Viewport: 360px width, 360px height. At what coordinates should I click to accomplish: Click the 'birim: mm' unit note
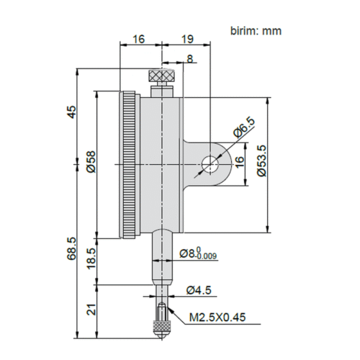pyautogui.click(x=256, y=31)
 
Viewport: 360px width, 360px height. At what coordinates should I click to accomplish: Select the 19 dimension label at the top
pyautogui.click(x=187, y=39)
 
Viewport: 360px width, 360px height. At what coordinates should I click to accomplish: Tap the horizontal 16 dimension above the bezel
pyautogui.click(x=139, y=39)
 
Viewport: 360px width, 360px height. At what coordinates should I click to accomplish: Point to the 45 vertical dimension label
pyautogui.click(x=71, y=112)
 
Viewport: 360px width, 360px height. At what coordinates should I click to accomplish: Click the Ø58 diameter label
pyautogui.click(x=91, y=162)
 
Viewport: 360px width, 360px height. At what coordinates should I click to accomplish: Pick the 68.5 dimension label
pyautogui.click(x=71, y=248)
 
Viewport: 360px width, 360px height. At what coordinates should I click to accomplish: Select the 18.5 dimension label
pyautogui.click(x=91, y=258)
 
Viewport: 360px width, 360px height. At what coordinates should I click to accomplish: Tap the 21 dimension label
pyautogui.click(x=91, y=310)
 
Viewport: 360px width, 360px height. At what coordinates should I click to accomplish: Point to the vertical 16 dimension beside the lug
pyautogui.click(x=239, y=162)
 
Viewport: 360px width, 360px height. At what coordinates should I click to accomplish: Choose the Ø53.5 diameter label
pyautogui.click(x=261, y=161)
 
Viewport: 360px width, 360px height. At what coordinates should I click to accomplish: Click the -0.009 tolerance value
pyautogui.click(x=207, y=256)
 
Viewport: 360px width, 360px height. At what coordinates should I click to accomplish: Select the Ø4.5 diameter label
pyautogui.click(x=199, y=290)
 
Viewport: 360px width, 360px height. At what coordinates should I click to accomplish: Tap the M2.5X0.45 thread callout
pyautogui.click(x=217, y=318)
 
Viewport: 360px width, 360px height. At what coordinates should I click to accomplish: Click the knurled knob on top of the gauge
pyautogui.click(x=162, y=76)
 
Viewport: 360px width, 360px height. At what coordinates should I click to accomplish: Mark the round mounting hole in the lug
pyautogui.click(x=210, y=165)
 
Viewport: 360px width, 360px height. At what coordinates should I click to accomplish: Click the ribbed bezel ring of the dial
pyautogui.click(x=129, y=165)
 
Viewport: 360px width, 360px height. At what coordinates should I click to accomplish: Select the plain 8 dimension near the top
pyautogui.click(x=190, y=58)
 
